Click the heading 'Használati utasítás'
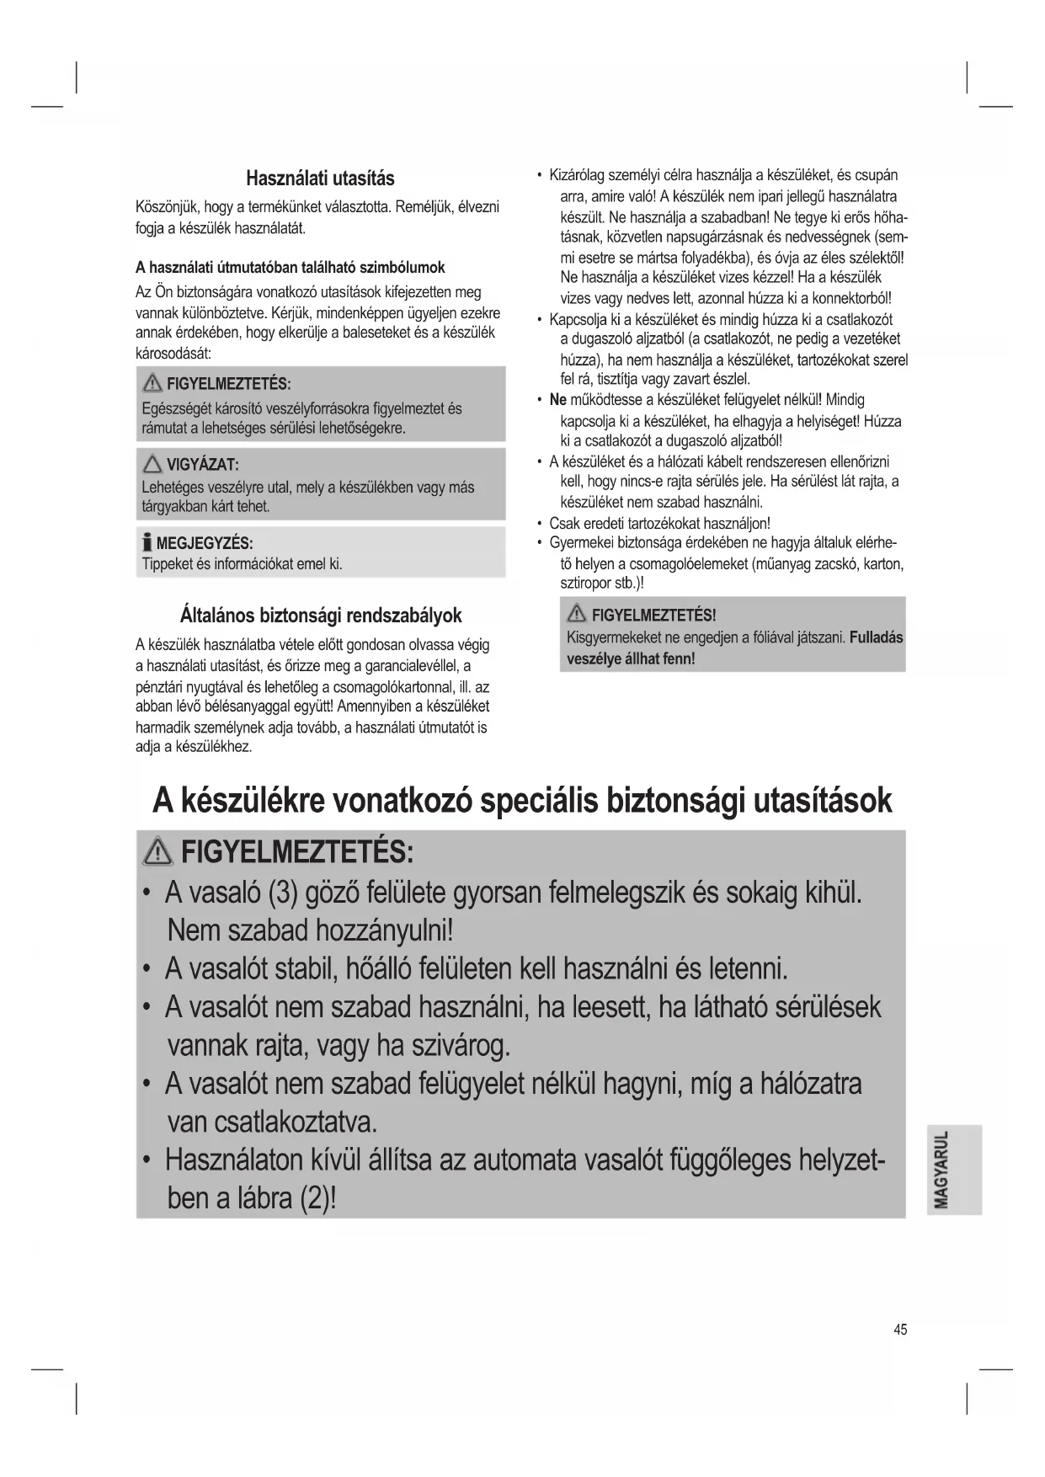coord(320,179)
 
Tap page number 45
coord(900,1330)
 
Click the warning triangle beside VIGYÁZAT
coord(152,464)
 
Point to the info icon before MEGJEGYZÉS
coord(147,542)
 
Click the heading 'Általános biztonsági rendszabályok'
coord(321,615)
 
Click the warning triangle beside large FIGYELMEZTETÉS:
coord(157,854)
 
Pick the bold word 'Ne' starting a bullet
coord(557,400)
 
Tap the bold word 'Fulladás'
coord(876,637)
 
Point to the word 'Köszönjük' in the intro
coord(168,207)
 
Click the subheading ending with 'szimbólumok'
coord(291,268)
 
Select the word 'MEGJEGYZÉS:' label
coord(205,543)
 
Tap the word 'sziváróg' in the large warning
coord(460,1046)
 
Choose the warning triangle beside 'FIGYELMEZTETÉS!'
coord(577,616)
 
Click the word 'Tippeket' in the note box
coord(167,563)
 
